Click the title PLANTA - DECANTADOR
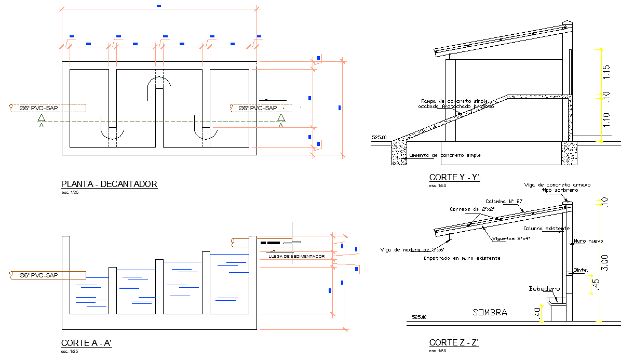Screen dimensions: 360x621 point(109,184)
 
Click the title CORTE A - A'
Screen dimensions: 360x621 point(87,343)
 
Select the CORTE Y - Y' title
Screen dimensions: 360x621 point(454,178)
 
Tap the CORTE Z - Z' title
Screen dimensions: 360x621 point(454,342)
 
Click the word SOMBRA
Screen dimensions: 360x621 point(490,312)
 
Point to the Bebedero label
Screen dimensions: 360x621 point(544,289)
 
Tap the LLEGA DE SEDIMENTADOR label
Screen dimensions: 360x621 point(296,257)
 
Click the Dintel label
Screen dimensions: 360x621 point(580,270)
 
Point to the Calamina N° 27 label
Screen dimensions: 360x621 point(504,201)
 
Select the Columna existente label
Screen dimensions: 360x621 point(546,229)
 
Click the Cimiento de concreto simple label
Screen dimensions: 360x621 point(445,155)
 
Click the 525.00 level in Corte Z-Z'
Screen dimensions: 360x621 point(419,317)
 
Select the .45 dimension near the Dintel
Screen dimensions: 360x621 point(596,285)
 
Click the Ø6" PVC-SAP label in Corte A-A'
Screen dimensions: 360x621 point(38,275)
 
